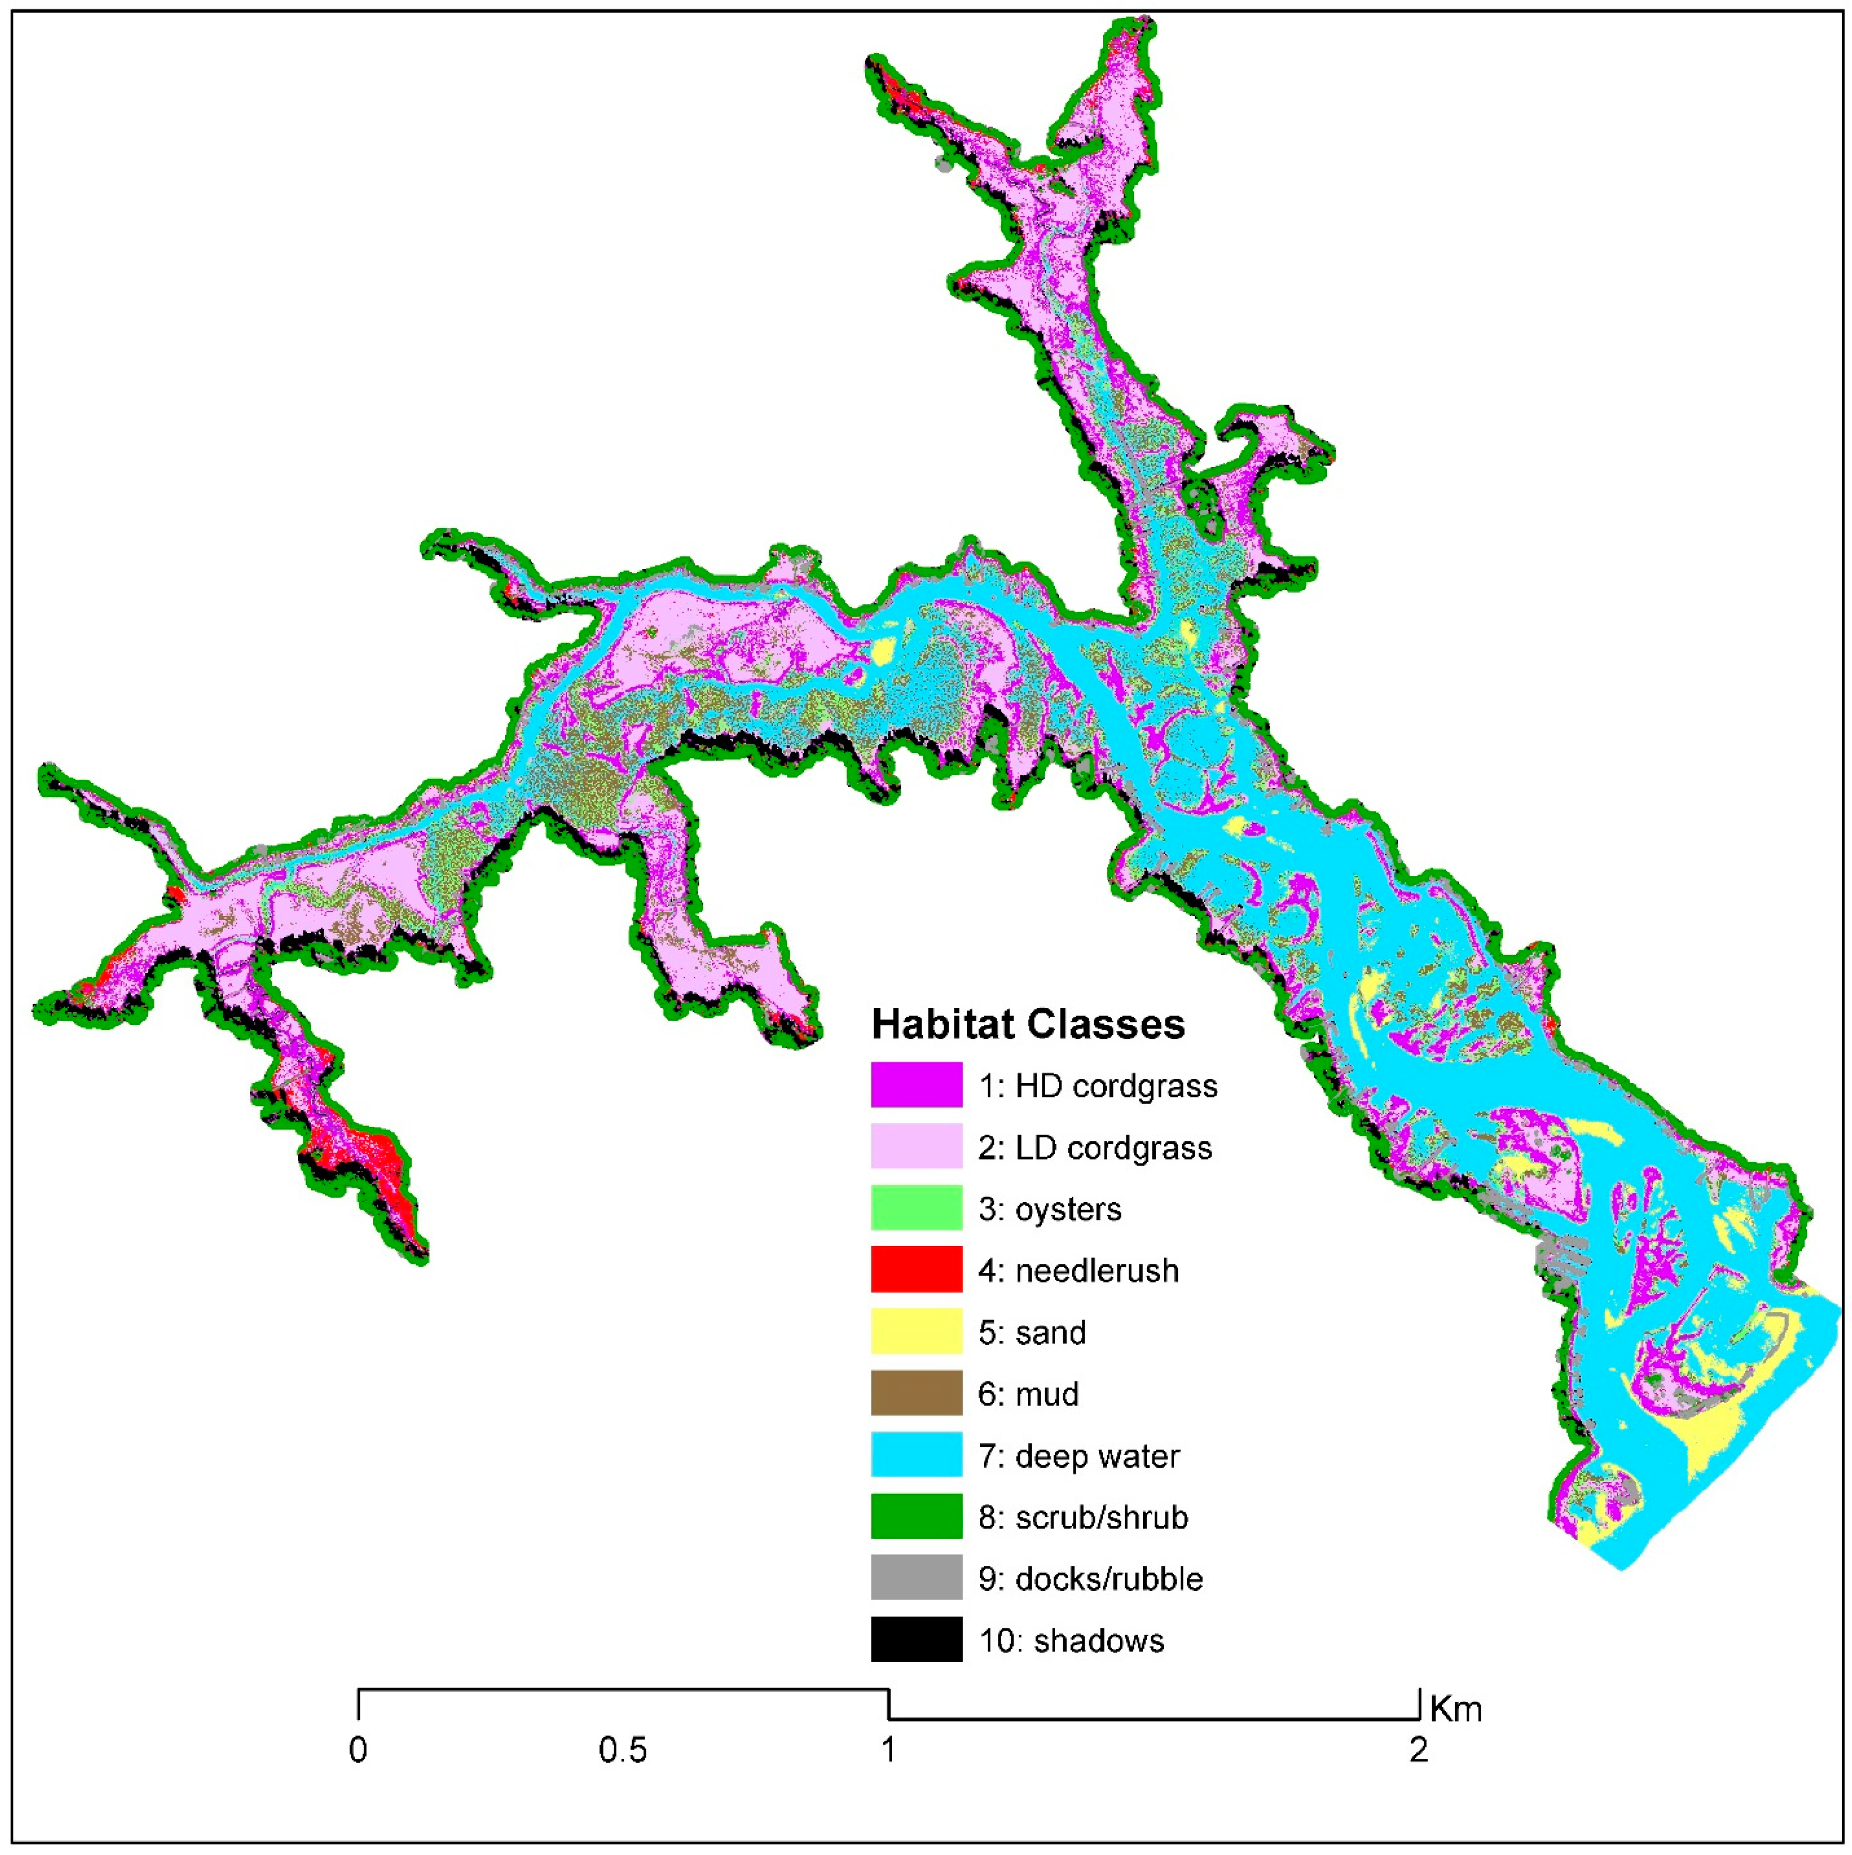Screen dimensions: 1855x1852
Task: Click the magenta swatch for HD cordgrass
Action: click(916, 1085)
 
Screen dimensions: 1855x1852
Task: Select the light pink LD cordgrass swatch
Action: click(916, 1147)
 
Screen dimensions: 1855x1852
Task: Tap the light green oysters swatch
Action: click(916, 1208)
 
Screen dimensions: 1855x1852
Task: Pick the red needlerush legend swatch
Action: click(916, 1269)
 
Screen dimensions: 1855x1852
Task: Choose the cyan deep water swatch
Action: click(916, 1455)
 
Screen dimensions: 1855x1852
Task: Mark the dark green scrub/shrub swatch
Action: click(916, 1516)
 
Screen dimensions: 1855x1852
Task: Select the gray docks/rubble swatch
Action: click(916, 1578)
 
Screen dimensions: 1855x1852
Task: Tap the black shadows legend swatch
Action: click(916, 1639)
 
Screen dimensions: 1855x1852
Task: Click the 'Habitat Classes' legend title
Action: click(1027, 1024)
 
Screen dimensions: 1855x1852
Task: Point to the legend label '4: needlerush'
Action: click(1078, 1270)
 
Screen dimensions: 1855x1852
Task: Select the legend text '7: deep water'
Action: click(1078, 1455)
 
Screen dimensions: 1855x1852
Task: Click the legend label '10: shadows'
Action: click(1070, 1640)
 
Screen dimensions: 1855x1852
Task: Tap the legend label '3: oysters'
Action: click(1049, 1209)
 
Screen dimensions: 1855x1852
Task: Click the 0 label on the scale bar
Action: click(358, 1751)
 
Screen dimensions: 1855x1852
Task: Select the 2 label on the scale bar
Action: click(1418, 1751)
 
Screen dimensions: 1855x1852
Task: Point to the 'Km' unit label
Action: click(1456, 1709)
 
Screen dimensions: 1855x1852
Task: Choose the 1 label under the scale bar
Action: click(888, 1751)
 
